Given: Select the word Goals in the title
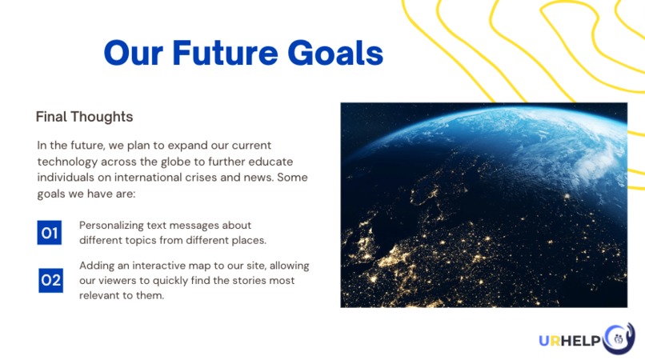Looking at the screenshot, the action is pos(335,53).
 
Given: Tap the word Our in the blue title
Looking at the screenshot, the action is pos(134,53).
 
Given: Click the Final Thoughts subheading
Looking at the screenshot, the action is pos(84,117).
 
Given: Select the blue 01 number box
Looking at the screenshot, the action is pos(50,233).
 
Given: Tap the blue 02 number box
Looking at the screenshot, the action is pos(51,281).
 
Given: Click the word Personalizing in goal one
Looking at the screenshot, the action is pos(110,226).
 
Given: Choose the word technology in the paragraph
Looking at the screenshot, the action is pos(67,162).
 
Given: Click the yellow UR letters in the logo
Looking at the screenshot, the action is pos(550,341).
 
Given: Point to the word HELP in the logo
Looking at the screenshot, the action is pos(581,341).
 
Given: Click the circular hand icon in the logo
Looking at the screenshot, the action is pos(619,338).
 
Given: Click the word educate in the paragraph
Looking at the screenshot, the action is pos(270,162).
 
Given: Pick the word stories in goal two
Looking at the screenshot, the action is pos(250,281).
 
